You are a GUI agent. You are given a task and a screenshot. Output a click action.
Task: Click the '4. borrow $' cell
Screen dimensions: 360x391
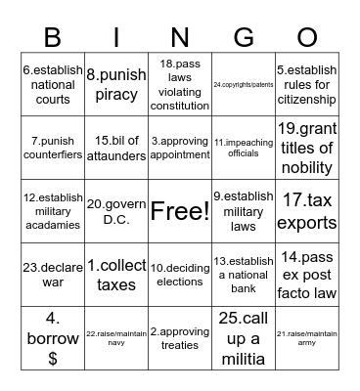pos(54,337)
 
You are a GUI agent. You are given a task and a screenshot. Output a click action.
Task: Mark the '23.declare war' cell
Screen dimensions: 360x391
pos(54,274)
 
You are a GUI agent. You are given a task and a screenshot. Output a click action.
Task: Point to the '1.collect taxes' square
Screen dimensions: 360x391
pos(115,274)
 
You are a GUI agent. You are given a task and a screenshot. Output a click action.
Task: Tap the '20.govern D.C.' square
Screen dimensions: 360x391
pos(115,210)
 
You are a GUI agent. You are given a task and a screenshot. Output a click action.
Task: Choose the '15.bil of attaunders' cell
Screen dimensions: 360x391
pos(115,147)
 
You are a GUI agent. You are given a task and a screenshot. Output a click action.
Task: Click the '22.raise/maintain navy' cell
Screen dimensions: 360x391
pos(115,337)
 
